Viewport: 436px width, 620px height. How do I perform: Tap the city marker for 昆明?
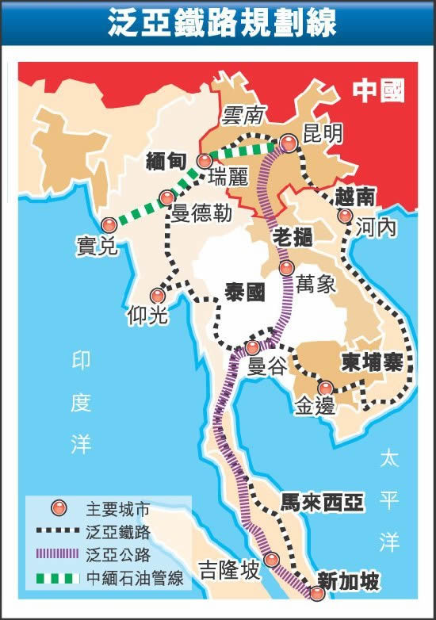pos(289,144)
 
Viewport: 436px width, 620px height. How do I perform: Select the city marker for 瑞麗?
pos(205,161)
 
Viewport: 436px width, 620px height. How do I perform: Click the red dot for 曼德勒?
pos(166,197)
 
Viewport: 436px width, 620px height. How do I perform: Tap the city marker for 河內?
pos(345,216)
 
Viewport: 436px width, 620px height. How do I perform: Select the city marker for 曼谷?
pos(252,347)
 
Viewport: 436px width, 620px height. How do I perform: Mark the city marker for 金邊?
pos(325,387)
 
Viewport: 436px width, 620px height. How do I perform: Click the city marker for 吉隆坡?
pos(272,560)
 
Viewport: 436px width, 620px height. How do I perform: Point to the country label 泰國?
pos(243,290)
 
